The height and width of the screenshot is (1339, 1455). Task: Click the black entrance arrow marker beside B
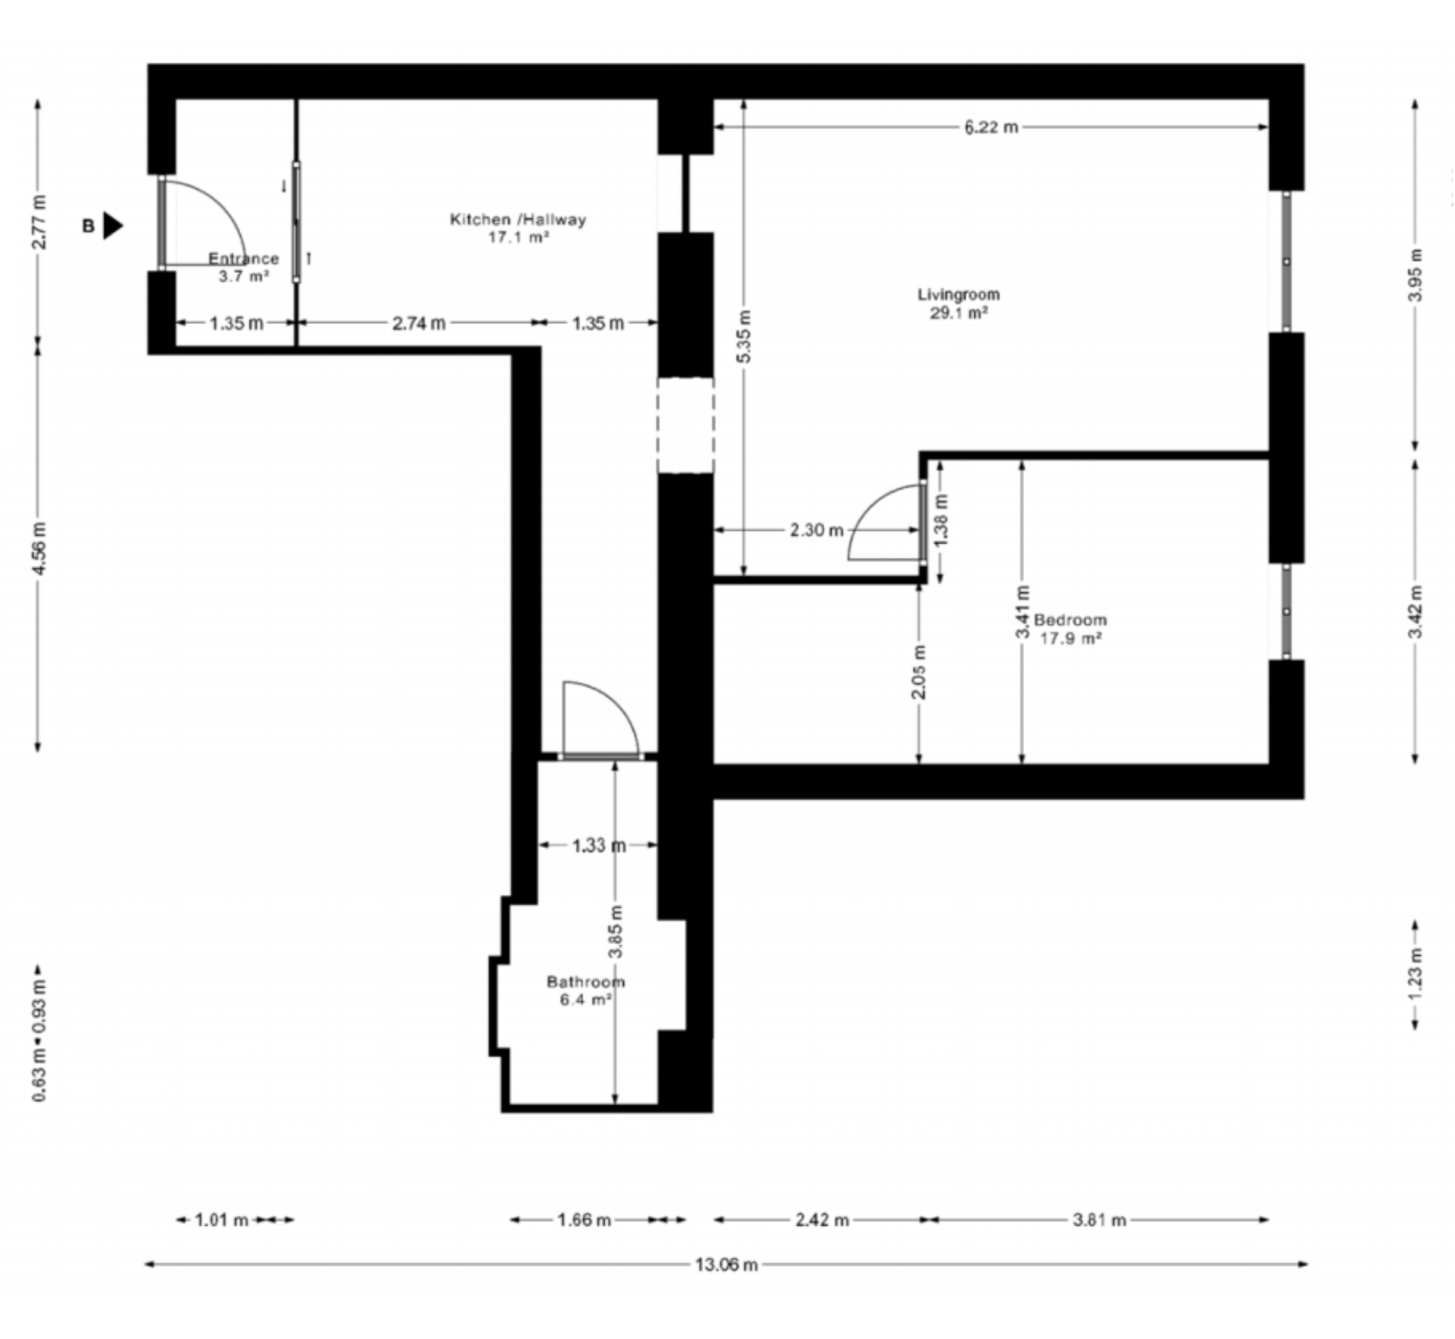tap(112, 226)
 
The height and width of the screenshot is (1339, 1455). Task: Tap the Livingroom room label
tap(959, 295)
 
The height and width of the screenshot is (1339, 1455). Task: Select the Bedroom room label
tap(1070, 620)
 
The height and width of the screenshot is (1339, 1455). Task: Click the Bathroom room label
tap(585, 982)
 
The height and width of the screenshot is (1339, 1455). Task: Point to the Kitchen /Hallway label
tap(517, 220)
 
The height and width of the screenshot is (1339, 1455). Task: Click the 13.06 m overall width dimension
tap(726, 1265)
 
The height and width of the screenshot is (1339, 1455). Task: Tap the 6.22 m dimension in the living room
tap(991, 128)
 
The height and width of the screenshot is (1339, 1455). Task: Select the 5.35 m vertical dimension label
tap(746, 336)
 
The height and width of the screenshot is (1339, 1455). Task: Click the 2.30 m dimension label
tap(816, 531)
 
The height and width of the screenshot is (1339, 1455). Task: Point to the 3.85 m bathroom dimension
tap(616, 932)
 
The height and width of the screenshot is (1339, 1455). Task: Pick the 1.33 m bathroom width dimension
tap(599, 846)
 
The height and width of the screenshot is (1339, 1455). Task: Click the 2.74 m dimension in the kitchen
tap(419, 323)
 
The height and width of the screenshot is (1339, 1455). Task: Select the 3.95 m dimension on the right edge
tap(1417, 276)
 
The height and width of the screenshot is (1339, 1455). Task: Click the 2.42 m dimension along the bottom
tap(822, 1220)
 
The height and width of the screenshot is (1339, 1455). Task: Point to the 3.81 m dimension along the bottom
tap(1099, 1220)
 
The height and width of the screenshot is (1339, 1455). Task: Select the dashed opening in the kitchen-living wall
tap(685, 426)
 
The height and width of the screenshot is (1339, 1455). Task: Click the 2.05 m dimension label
tap(919, 672)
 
